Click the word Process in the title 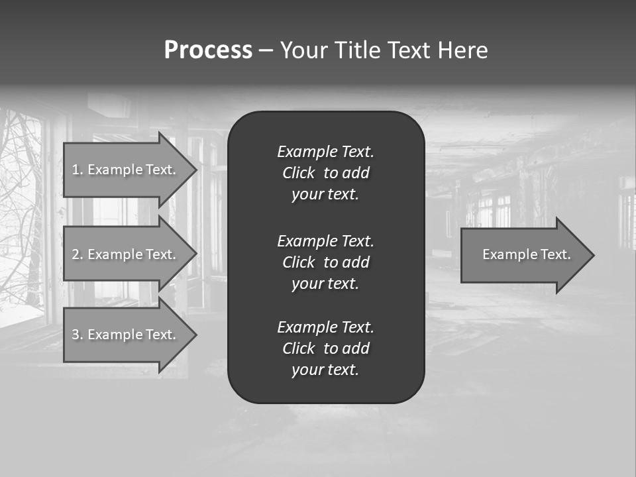coord(208,50)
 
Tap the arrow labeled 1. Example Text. coord(126,170)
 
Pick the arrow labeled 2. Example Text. coord(126,254)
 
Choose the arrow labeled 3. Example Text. coord(126,335)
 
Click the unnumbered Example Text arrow coord(523,254)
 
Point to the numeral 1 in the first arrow coord(76,170)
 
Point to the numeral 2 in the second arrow coord(76,254)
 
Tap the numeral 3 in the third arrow coord(76,335)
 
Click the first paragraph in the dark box coord(325,173)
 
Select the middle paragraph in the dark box coord(325,262)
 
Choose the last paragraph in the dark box coord(325,348)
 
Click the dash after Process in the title coord(266,50)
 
